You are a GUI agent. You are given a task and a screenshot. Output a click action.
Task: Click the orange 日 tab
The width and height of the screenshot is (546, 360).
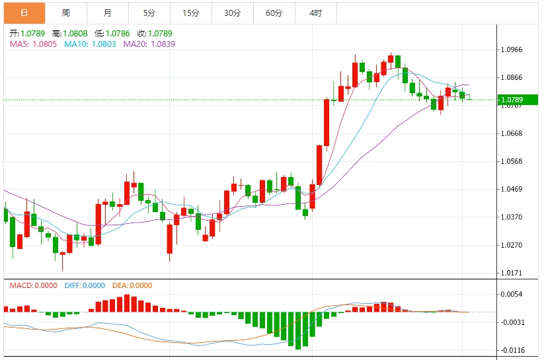pos(24,13)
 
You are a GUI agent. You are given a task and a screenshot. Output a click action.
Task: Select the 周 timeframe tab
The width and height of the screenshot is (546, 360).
pos(65,13)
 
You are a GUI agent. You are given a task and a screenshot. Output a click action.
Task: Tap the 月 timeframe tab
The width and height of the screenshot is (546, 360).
pos(108,13)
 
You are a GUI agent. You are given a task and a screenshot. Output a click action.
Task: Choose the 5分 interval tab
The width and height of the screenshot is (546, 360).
pos(149,13)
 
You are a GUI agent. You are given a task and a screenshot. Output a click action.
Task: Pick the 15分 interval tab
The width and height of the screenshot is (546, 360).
pos(191,13)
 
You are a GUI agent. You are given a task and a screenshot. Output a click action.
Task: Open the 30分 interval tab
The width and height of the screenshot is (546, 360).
pos(233,13)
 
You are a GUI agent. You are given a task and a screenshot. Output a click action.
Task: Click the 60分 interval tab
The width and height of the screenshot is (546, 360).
pos(274,13)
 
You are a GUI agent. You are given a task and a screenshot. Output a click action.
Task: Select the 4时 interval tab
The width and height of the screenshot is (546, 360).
pos(315,13)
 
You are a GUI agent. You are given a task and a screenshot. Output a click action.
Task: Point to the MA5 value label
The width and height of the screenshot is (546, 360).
pos(33,44)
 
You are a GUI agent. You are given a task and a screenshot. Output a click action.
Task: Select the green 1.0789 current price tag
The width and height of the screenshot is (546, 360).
pos(518,100)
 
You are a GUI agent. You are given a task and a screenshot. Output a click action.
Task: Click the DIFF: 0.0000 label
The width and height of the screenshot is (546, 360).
pos(85,285)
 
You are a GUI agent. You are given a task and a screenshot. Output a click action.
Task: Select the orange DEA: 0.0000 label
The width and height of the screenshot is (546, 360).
pos(132,285)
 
